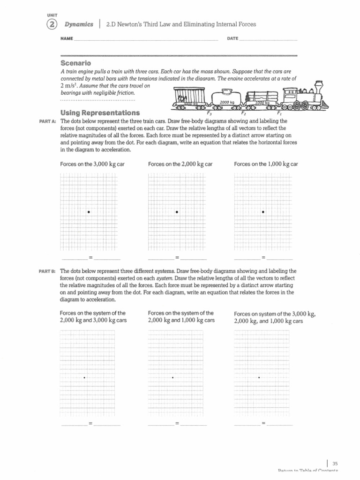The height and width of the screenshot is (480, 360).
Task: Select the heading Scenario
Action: coord(75,63)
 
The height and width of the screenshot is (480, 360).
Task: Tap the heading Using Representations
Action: coord(100,113)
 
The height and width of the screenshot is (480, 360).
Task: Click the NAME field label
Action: coord(67,38)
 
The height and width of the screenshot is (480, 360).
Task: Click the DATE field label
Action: coord(232,38)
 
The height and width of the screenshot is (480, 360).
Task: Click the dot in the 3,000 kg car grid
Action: coord(88,212)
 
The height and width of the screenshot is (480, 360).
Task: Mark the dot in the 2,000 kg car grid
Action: coord(177,212)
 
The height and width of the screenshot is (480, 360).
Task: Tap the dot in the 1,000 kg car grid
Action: coord(263,212)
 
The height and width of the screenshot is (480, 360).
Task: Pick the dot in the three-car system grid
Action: coord(259,377)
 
